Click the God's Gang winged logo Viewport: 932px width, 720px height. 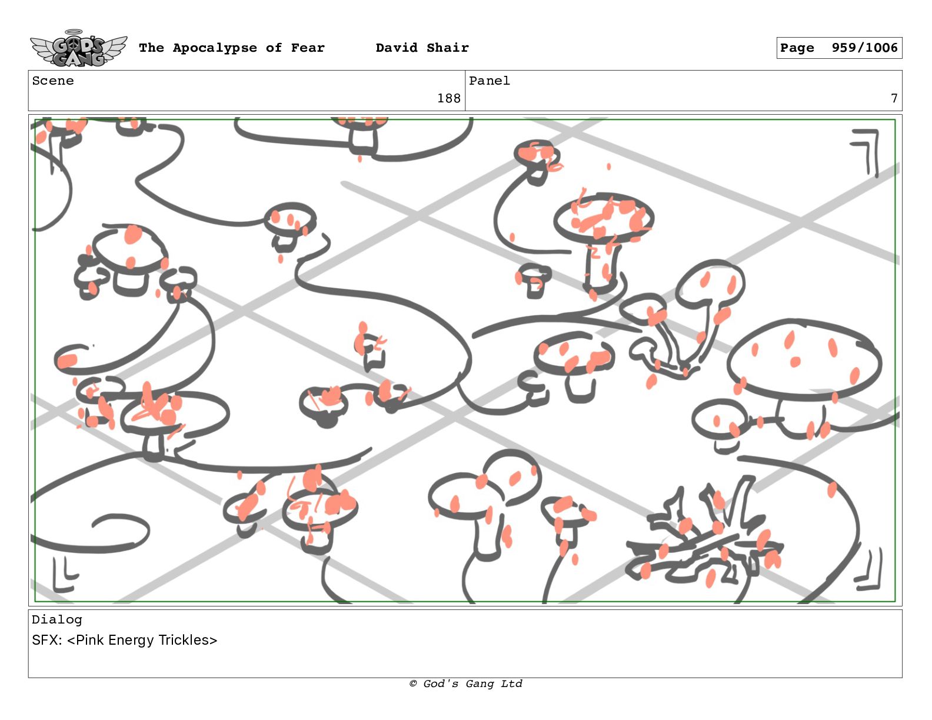click(x=78, y=48)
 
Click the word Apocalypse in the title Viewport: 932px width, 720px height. click(x=215, y=48)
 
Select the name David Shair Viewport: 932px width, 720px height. click(x=422, y=48)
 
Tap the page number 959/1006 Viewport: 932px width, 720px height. click(x=864, y=48)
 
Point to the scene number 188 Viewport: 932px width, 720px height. click(x=448, y=99)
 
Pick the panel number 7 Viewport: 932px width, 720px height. click(x=894, y=99)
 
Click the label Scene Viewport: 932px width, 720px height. click(x=53, y=81)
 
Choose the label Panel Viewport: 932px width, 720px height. click(x=490, y=81)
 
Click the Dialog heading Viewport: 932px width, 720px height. click(x=56, y=619)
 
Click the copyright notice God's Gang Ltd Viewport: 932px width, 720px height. click(x=466, y=684)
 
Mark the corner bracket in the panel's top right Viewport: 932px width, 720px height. click(x=866, y=152)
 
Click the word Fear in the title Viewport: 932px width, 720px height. click(x=308, y=48)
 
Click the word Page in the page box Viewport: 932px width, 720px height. click(x=797, y=48)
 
